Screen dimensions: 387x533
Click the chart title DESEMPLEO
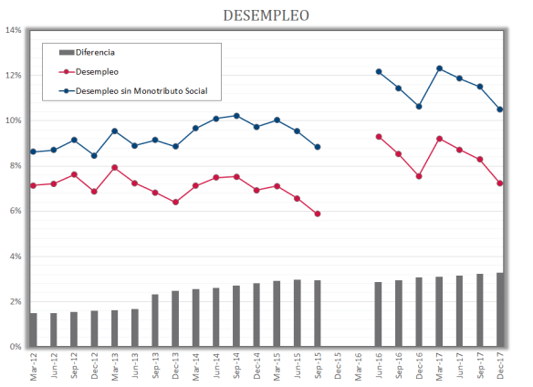tap(266, 16)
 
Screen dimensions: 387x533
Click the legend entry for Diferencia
tap(95, 52)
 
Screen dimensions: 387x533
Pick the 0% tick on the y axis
tap(16, 347)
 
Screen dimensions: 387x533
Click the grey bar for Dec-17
tap(500, 310)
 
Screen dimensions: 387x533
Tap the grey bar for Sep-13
tap(155, 320)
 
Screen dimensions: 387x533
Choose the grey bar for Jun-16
tap(378, 315)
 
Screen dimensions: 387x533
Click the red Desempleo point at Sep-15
tap(317, 214)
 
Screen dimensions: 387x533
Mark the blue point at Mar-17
tap(440, 68)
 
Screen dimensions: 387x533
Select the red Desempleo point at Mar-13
tap(115, 167)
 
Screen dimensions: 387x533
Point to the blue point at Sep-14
tap(236, 116)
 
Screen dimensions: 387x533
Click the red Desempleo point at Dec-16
tap(419, 176)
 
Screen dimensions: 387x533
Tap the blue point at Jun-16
tap(378, 71)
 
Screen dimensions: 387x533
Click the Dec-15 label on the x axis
tap(338, 367)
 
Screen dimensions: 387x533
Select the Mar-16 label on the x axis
tap(358, 367)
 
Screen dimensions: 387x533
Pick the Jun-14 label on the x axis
tap(216, 367)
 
